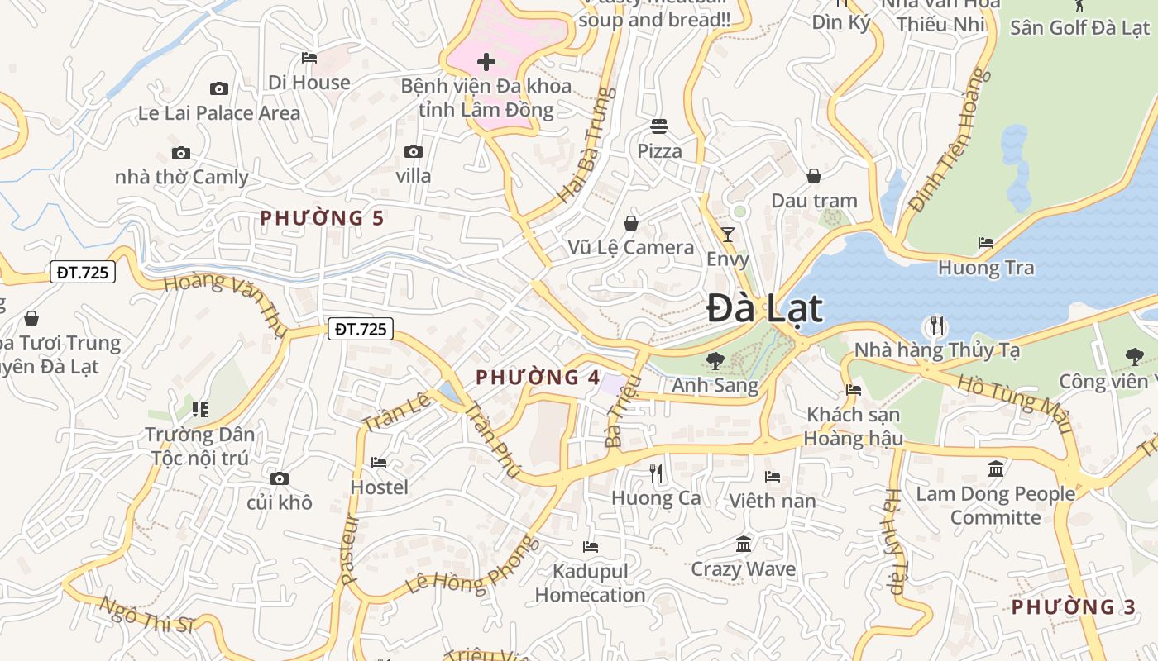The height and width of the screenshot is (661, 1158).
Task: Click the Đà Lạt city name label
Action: click(765, 308)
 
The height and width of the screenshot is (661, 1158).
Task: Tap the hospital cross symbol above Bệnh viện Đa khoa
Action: click(486, 62)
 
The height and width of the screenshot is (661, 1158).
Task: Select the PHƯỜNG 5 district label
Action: click(322, 218)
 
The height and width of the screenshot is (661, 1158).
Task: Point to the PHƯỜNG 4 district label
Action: click(538, 378)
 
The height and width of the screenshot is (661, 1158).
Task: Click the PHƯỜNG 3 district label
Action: click(1074, 607)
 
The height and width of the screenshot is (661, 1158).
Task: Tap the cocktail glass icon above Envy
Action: click(728, 235)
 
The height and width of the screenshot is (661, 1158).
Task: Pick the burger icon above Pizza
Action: click(659, 126)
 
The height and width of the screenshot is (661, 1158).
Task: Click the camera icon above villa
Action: click(414, 152)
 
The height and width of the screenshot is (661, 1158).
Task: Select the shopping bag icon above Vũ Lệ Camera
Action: click(631, 223)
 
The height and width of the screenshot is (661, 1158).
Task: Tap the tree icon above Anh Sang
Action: click(715, 360)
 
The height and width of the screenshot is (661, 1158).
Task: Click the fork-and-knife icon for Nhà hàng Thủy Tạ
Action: click(936, 326)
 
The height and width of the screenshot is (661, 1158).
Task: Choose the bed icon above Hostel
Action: click(379, 463)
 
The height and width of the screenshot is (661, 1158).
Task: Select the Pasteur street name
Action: click(349, 549)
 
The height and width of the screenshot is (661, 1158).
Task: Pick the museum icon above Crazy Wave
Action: click(744, 544)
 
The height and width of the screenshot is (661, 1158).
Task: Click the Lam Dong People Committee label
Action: click(996, 506)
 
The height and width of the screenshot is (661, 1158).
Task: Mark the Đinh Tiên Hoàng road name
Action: click(949, 140)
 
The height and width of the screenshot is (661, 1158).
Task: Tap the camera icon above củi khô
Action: click(280, 479)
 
